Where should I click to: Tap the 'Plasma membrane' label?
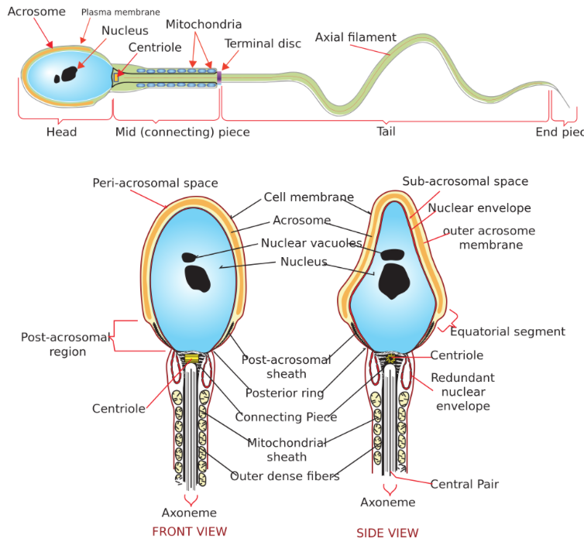(120, 12)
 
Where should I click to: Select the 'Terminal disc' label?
(263, 43)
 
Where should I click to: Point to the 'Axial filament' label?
(356, 37)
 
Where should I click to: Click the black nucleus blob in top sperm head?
(69, 74)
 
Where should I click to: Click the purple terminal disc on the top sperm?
(219, 77)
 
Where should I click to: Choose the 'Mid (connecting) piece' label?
(182, 132)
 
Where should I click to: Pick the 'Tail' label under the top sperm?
(386, 131)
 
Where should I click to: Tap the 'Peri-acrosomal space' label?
(155, 183)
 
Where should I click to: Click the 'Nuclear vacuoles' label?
(311, 243)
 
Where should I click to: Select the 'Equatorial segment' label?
(507, 331)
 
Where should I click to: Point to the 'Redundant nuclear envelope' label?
(462, 392)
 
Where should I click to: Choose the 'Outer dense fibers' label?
(284, 476)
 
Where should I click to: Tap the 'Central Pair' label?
(465, 484)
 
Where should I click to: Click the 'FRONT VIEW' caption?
(189, 531)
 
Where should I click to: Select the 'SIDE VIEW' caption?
(386, 533)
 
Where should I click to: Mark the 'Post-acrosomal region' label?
(53, 345)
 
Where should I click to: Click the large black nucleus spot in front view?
(198, 278)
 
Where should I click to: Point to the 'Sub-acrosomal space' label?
(465, 181)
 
